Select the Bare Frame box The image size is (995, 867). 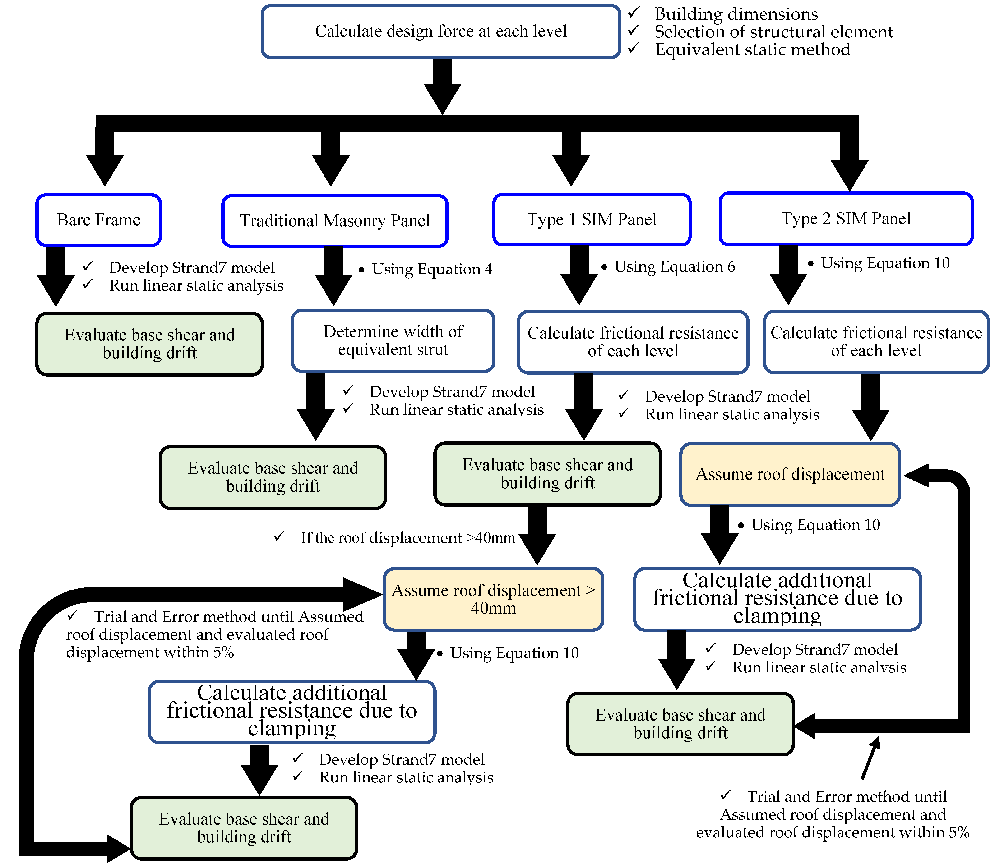pyautogui.click(x=99, y=220)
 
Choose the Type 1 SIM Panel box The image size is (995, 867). pyautogui.click(x=592, y=220)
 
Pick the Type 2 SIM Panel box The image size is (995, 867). pyautogui.click(x=846, y=219)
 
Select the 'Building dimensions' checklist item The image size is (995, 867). pyautogui.click(x=736, y=14)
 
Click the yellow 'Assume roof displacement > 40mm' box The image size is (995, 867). pyautogui.click(x=493, y=599)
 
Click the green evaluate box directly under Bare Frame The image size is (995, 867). pyautogui.click(x=150, y=344)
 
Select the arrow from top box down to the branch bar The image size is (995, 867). pyautogui.click(x=443, y=87)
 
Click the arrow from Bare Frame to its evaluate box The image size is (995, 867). pyautogui.click(x=56, y=276)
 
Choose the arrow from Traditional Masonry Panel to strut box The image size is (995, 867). pyautogui.click(x=333, y=276)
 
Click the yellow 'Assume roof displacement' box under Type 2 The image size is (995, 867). pyautogui.click(x=790, y=474)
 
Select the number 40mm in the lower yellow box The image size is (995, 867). pyautogui.click(x=493, y=608)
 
